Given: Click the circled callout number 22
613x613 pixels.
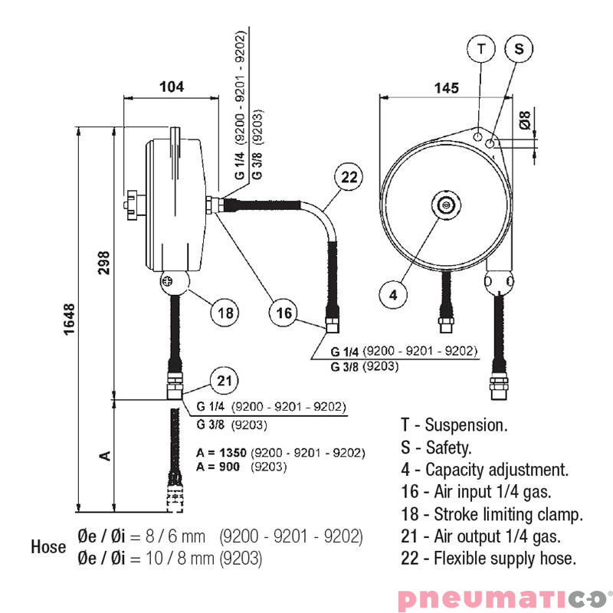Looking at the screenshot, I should coord(349,178).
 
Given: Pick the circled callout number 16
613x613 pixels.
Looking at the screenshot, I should coord(284,313).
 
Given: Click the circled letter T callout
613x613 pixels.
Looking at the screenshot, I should coord(481,48).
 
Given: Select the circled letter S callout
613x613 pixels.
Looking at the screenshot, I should coord(519,48).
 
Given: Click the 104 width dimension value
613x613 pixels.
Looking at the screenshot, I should coord(172,87).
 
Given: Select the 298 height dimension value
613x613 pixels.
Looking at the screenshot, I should coord(105,262).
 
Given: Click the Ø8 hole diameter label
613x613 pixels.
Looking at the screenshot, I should coord(525,120).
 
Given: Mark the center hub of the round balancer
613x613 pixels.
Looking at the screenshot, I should coord(446,205).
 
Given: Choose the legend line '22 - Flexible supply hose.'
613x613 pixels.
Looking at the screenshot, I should coord(487,559).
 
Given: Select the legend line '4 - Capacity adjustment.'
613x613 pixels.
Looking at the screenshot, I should coord(484,470).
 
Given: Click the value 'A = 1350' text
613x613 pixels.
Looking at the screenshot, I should coord(221,453).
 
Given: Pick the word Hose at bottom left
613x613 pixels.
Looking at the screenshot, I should coord(48,548).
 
